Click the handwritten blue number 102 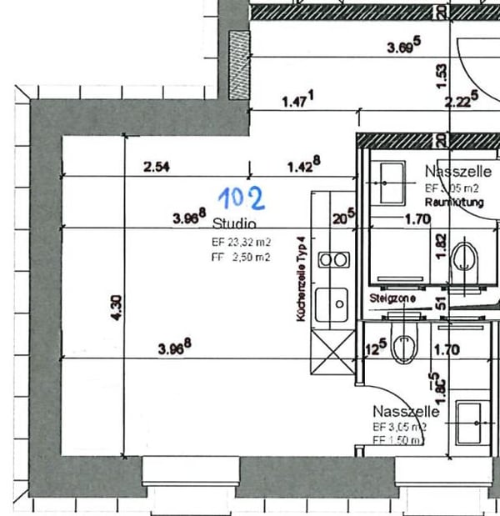pyautogui.click(x=242, y=198)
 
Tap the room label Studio pyautogui.click(x=234, y=223)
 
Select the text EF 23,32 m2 pyautogui.click(x=241, y=243)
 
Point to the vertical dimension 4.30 pyautogui.click(x=117, y=308)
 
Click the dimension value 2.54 pyautogui.click(x=157, y=167)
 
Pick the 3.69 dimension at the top pyautogui.click(x=404, y=48)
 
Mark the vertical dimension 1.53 pyautogui.click(x=442, y=77)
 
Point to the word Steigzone pyautogui.click(x=387, y=297)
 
